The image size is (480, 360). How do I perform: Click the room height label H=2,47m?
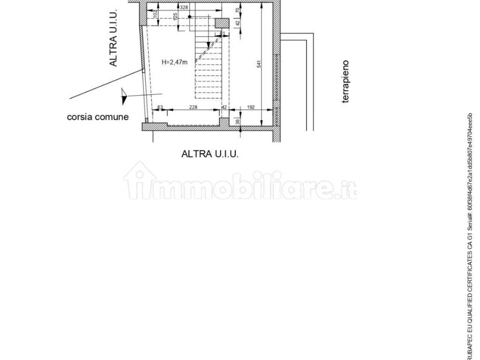(x=174, y=62)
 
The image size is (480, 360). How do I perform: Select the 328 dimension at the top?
(x=184, y=7)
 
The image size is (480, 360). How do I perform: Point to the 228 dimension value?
(x=193, y=107)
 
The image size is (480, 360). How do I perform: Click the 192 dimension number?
(x=250, y=107)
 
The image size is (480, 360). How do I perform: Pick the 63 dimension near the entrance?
(x=160, y=107)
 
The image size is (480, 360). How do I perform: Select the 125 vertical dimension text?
(x=175, y=18)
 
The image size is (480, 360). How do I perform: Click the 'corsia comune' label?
(x=97, y=117)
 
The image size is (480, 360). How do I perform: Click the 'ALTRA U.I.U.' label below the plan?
(x=210, y=154)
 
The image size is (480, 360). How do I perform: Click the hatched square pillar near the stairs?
(x=222, y=23)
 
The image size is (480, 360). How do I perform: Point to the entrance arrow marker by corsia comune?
(x=124, y=96)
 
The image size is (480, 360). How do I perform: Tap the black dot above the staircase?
(x=189, y=16)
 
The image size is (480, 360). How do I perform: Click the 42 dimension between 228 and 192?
(x=224, y=107)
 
